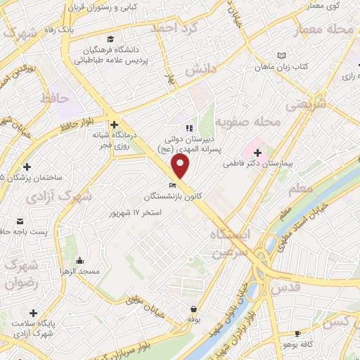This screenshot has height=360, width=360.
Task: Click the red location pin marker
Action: point(181,166)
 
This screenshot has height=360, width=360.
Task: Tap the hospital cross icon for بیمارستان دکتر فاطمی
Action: point(258,152)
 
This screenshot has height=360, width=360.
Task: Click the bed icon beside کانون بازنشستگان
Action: point(173,185)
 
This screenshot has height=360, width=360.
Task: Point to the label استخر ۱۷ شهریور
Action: point(137,212)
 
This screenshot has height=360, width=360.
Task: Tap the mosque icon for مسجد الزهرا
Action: point(79,259)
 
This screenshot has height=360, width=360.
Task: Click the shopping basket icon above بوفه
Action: point(193,309)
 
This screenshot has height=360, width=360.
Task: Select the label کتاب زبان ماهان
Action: point(282,65)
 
